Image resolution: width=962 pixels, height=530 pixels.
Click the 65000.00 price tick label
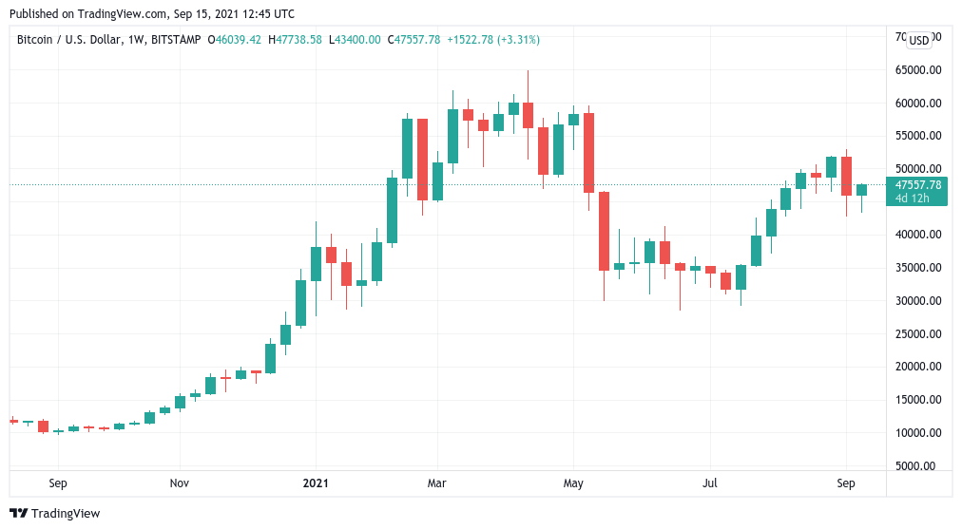918,70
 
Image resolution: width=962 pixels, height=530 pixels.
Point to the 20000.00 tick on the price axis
918,367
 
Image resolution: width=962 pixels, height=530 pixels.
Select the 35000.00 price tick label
918,268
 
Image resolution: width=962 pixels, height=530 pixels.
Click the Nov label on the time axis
180,483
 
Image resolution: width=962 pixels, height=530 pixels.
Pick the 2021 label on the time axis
316,483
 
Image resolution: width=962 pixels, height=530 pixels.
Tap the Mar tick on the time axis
436,483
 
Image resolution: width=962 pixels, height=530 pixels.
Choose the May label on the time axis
573,483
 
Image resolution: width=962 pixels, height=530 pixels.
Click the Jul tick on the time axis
709,483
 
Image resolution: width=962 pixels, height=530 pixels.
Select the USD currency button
918,40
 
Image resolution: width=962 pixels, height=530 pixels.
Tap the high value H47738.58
296,40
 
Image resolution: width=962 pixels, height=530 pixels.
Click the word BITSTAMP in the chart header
166,40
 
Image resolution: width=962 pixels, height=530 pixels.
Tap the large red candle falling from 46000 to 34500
604,231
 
